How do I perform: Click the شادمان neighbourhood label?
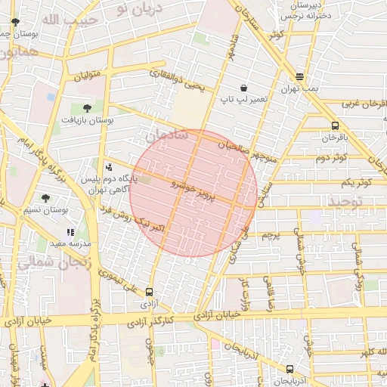(167, 136)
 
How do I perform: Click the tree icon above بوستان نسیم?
(45, 198)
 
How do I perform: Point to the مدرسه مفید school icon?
(70, 233)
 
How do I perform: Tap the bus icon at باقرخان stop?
(335, 126)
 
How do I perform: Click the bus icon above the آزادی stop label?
(149, 292)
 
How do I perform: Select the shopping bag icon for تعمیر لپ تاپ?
(243, 88)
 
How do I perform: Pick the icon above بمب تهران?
(300, 76)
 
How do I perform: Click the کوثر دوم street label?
(332, 157)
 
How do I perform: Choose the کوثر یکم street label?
(356, 183)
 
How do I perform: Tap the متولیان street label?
(86, 76)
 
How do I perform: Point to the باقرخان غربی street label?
(363, 104)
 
